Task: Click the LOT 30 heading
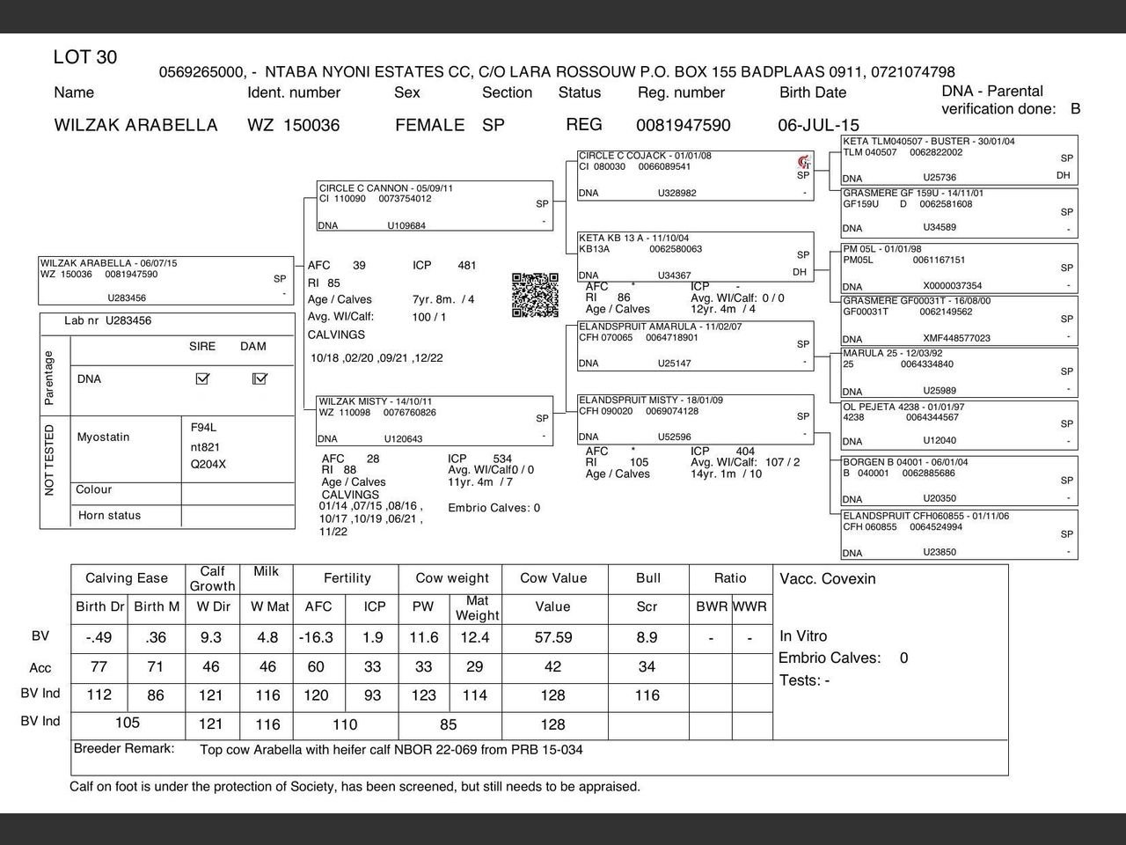pyautogui.click(x=85, y=58)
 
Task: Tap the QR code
pyautogui.click(x=535, y=295)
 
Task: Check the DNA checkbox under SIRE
pyautogui.click(x=202, y=378)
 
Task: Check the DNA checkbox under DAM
pyautogui.click(x=260, y=378)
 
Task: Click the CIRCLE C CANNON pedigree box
pyautogui.click(x=435, y=206)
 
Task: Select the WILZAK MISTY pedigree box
pyautogui.click(x=435, y=420)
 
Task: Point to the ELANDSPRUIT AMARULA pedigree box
pyautogui.click(x=695, y=345)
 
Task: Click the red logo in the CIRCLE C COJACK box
pyautogui.click(x=802, y=162)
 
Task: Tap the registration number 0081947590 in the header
pyautogui.click(x=684, y=125)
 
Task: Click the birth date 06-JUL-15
pyautogui.click(x=818, y=125)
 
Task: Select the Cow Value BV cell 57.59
pyautogui.click(x=553, y=637)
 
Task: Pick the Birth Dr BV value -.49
pyautogui.click(x=99, y=637)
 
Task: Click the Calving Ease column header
pyautogui.click(x=127, y=578)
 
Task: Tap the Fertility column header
pyautogui.click(x=347, y=578)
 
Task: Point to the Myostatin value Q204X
pyautogui.click(x=208, y=464)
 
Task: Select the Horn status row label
pyautogui.click(x=109, y=516)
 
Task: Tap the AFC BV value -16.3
pyautogui.click(x=316, y=637)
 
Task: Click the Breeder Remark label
pyautogui.click(x=124, y=749)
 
